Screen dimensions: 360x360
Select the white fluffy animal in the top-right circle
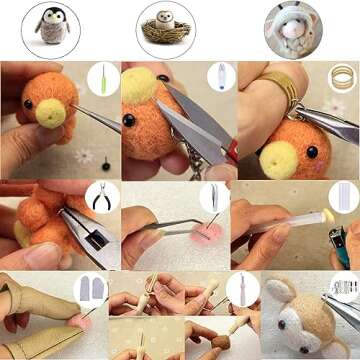pos(292,29)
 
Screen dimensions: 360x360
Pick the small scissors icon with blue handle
pos(220,78)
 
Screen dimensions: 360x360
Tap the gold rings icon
pos(342,78)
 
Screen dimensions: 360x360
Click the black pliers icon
pos(102,197)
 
